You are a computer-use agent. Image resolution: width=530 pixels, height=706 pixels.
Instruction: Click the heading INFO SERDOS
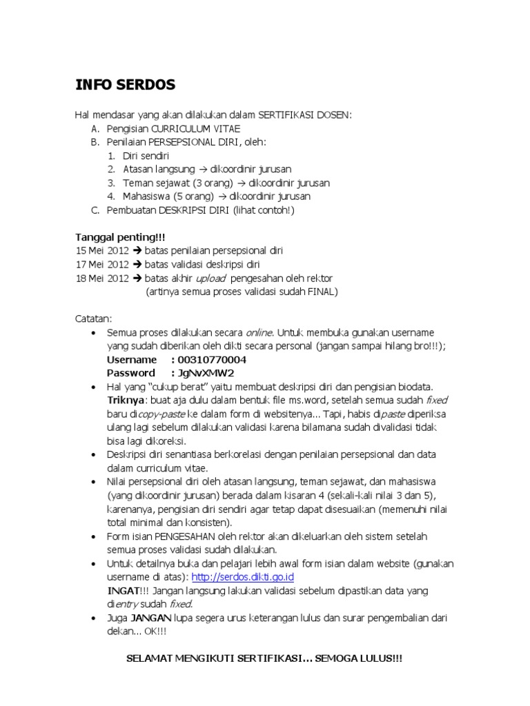[125, 85]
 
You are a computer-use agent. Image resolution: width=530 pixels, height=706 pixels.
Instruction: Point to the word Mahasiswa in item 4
[145, 196]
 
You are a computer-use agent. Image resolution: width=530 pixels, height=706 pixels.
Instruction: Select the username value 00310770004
[212, 360]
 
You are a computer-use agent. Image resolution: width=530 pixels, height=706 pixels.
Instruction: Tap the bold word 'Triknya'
[126, 400]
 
